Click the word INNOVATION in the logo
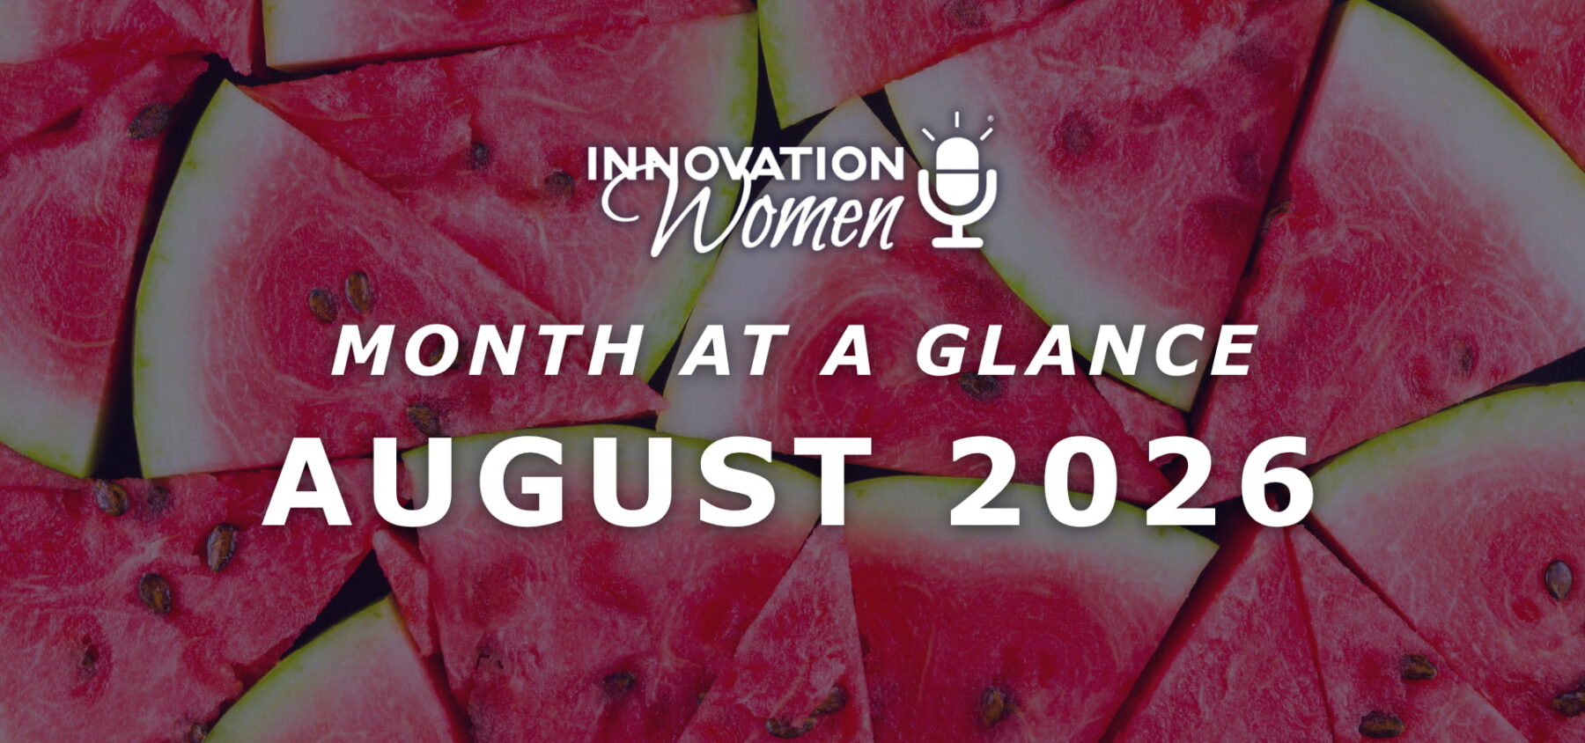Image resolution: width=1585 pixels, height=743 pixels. click(746, 164)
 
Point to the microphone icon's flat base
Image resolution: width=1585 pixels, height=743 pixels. click(957, 240)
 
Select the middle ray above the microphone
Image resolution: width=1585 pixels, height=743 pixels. click(956, 120)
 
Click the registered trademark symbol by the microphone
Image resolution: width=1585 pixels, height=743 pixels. click(990, 118)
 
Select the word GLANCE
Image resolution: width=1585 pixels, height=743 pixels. click(1086, 350)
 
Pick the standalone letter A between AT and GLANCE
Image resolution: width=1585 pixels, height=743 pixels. click(847, 350)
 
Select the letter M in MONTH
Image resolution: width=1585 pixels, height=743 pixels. click(365, 350)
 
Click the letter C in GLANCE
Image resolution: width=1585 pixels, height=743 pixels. click(1161, 350)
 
